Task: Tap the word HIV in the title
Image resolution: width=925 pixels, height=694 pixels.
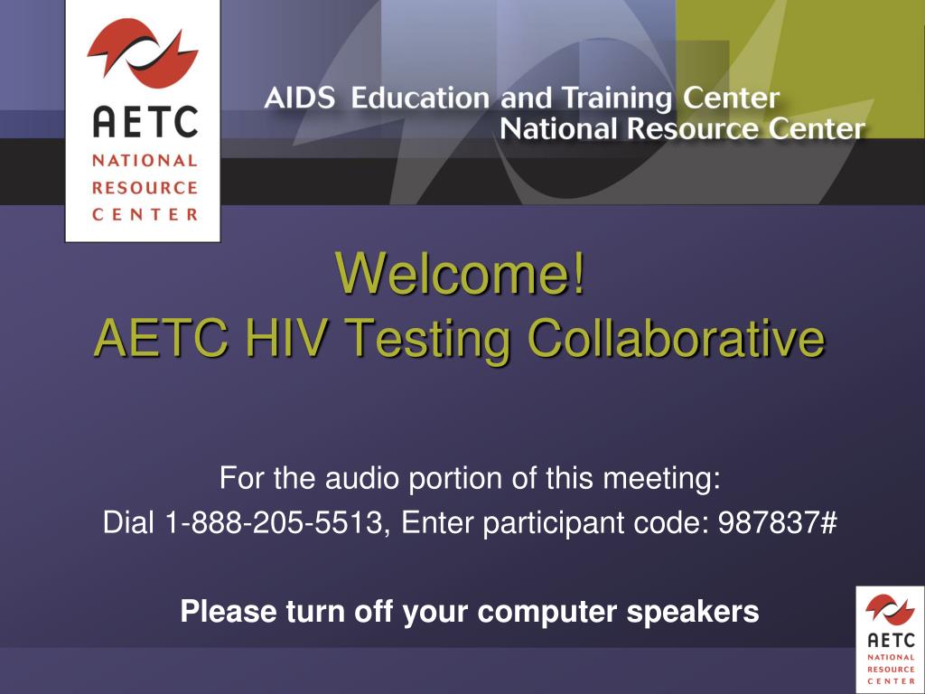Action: tap(285, 337)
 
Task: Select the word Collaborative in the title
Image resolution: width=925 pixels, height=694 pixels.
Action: tap(676, 337)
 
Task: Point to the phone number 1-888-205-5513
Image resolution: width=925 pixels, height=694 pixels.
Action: tap(274, 522)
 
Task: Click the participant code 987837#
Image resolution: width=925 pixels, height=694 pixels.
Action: tap(778, 522)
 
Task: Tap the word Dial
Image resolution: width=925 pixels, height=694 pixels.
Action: tap(128, 522)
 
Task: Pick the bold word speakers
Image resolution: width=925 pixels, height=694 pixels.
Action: tap(693, 612)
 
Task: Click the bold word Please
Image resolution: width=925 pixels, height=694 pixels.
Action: tap(229, 612)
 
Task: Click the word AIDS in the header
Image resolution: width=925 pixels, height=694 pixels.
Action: tap(300, 98)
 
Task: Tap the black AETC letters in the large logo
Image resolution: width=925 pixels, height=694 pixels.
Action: tap(145, 122)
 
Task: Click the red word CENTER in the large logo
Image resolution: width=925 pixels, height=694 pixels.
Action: tap(145, 214)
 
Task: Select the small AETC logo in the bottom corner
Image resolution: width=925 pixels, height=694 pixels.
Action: tap(890, 640)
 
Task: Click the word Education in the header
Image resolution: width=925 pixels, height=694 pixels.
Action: tap(420, 98)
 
